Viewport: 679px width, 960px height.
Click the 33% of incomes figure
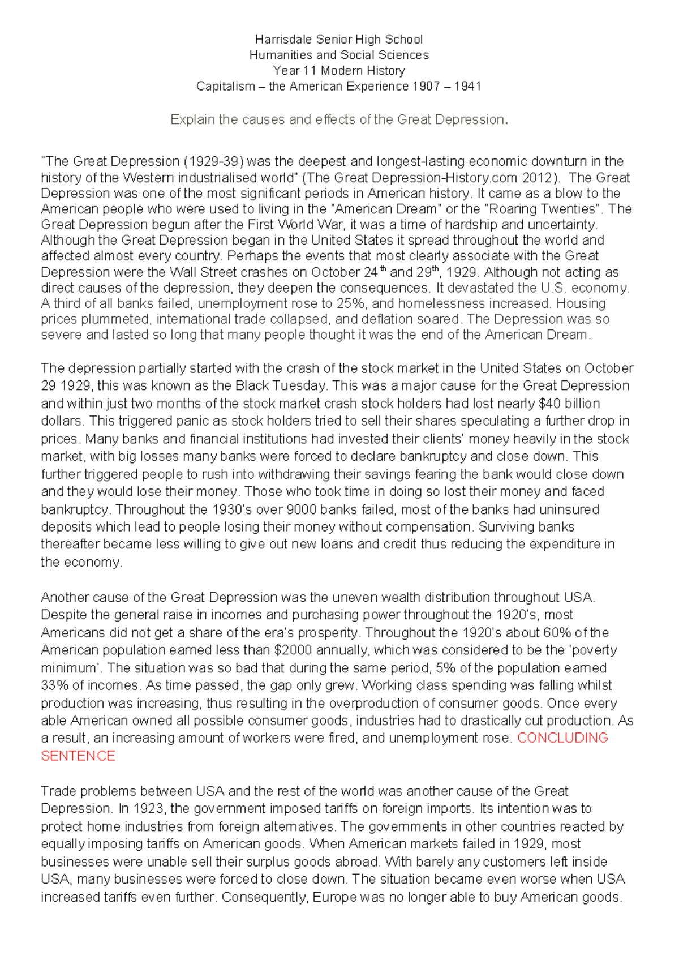click(54, 685)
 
